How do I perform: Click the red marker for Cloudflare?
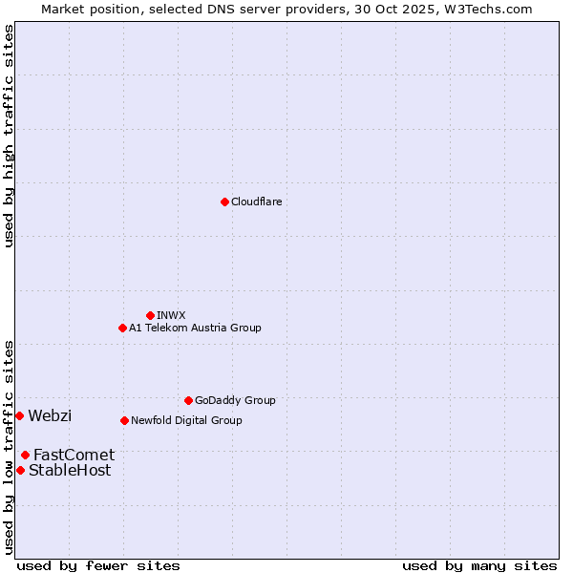[224, 202]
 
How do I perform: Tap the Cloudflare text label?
[257, 202]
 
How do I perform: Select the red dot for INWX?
[150, 315]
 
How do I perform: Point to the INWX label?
[171, 315]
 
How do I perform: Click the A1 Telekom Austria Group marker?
[122, 328]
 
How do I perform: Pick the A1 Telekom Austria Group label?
[195, 328]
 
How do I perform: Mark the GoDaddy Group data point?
[188, 400]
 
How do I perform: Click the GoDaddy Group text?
[235, 400]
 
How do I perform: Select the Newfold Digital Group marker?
[124, 420]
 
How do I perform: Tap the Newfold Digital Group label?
[186, 420]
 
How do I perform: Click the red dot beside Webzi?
[19, 415]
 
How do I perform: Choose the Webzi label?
[50, 415]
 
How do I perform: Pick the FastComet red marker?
[25, 455]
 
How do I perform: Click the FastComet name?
[74, 455]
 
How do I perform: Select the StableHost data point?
[20, 470]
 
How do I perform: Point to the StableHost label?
[70, 470]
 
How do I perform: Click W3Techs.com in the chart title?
[494, 9]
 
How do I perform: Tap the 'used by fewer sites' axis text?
[98, 565]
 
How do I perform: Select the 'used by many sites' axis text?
[479, 565]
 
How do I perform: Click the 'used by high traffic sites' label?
[9, 136]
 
